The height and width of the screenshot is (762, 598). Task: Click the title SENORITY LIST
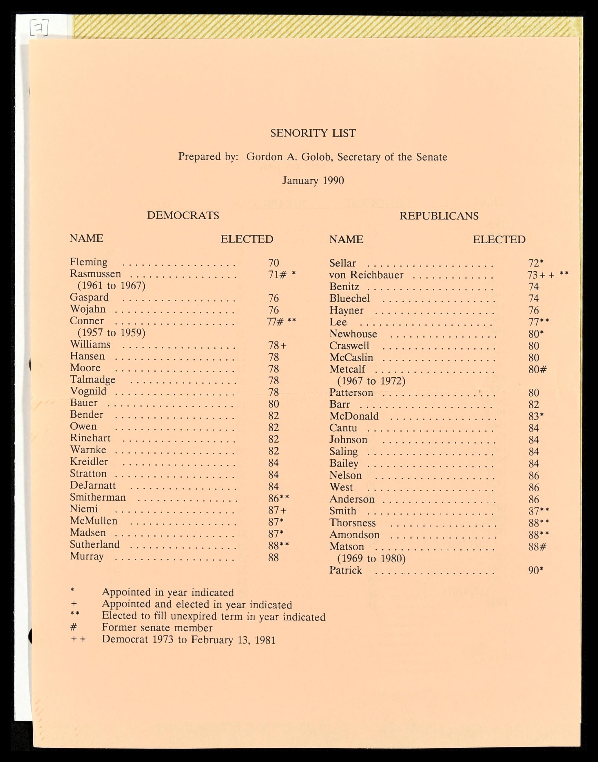click(x=313, y=133)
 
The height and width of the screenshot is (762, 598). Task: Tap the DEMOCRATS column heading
click(x=183, y=215)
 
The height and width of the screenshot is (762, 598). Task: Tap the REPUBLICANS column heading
click(x=439, y=216)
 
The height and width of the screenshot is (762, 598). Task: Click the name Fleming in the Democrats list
click(x=89, y=262)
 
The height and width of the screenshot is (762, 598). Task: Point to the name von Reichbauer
click(x=366, y=275)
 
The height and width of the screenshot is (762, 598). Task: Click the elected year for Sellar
click(x=535, y=263)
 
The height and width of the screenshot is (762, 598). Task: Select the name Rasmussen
click(x=95, y=274)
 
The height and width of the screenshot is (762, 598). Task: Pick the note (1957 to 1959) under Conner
click(x=111, y=332)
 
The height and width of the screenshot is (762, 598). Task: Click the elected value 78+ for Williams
click(x=277, y=345)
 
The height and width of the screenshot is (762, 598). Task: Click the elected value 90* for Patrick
click(x=535, y=570)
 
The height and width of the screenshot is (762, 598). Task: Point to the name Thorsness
click(x=352, y=523)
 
